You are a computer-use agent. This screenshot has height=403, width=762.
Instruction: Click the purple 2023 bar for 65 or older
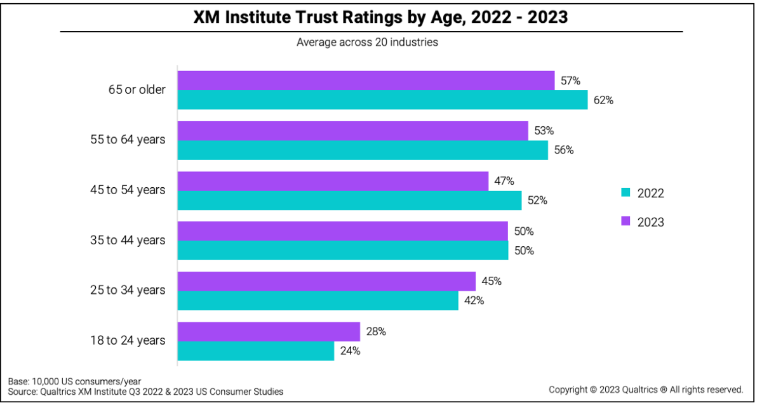pyautogui.click(x=366, y=81)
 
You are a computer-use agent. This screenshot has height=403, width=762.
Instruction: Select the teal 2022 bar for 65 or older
pyautogui.click(x=382, y=100)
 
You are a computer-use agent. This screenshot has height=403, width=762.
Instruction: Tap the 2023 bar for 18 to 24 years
pyautogui.click(x=269, y=331)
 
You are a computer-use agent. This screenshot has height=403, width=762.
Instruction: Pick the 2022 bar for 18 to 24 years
pyautogui.click(x=255, y=350)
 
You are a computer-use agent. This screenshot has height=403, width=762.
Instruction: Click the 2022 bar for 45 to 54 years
pyautogui.click(x=349, y=200)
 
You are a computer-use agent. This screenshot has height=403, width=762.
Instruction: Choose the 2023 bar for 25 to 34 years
pyautogui.click(x=326, y=281)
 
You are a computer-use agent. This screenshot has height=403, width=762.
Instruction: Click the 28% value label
pyautogui.click(x=375, y=331)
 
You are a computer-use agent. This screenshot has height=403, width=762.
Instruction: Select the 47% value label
pyautogui.click(x=504, y=181)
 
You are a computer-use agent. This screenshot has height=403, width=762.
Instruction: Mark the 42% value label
pyautogui.click(x=473, y=300)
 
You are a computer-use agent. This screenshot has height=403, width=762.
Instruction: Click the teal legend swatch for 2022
pyautogui.click(x=625, y=193)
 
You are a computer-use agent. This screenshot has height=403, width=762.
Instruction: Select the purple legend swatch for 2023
pyautogui.click(x=625, y=221)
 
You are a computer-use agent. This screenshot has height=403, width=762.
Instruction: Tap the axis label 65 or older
pyautogui.click(x=136, y=89)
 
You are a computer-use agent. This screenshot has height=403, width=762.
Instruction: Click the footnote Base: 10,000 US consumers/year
pyautogui.click(x=74, y=381)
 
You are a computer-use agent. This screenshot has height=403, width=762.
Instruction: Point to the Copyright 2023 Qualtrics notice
pyautogui.click(x=646, y=389)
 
